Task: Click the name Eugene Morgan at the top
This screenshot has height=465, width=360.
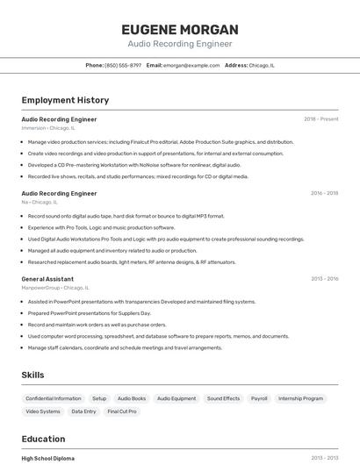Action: (x=180, y=30)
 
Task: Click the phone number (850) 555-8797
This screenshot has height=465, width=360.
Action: (x=123, y=65)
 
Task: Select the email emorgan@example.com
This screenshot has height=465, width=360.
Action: (x=191, y=65)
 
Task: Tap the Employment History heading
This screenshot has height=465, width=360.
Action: (x=65, y=101)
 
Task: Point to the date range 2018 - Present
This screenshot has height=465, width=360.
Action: (x=320, y=119)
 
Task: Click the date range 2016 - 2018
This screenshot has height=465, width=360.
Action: (x=324, y=193)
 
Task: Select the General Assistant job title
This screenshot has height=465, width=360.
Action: (x=47, y=279)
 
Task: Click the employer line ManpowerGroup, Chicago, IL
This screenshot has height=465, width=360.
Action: (x=55, y=288)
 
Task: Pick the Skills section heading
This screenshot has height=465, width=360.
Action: (x=32, y=375)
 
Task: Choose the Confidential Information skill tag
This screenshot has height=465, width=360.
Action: (x=54, y=398)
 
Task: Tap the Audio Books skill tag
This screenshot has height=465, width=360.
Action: (x=132, y=398)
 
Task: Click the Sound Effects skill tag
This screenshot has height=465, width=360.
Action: (x=223, y=398)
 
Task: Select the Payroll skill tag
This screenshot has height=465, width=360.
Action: (x=259, y=398)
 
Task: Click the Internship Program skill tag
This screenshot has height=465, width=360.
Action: (x=300, y=398)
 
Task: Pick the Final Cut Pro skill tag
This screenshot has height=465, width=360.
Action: (x=122, y=411)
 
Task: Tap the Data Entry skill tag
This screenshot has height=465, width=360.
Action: (x=84, y=411)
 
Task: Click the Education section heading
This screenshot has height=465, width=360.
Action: (x=43, y=439)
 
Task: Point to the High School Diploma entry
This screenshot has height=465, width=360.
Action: (x=48, y=458)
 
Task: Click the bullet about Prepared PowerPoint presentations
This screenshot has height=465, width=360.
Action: (x=90, y=313)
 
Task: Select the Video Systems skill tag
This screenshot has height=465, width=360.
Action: (x=43, y=411)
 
